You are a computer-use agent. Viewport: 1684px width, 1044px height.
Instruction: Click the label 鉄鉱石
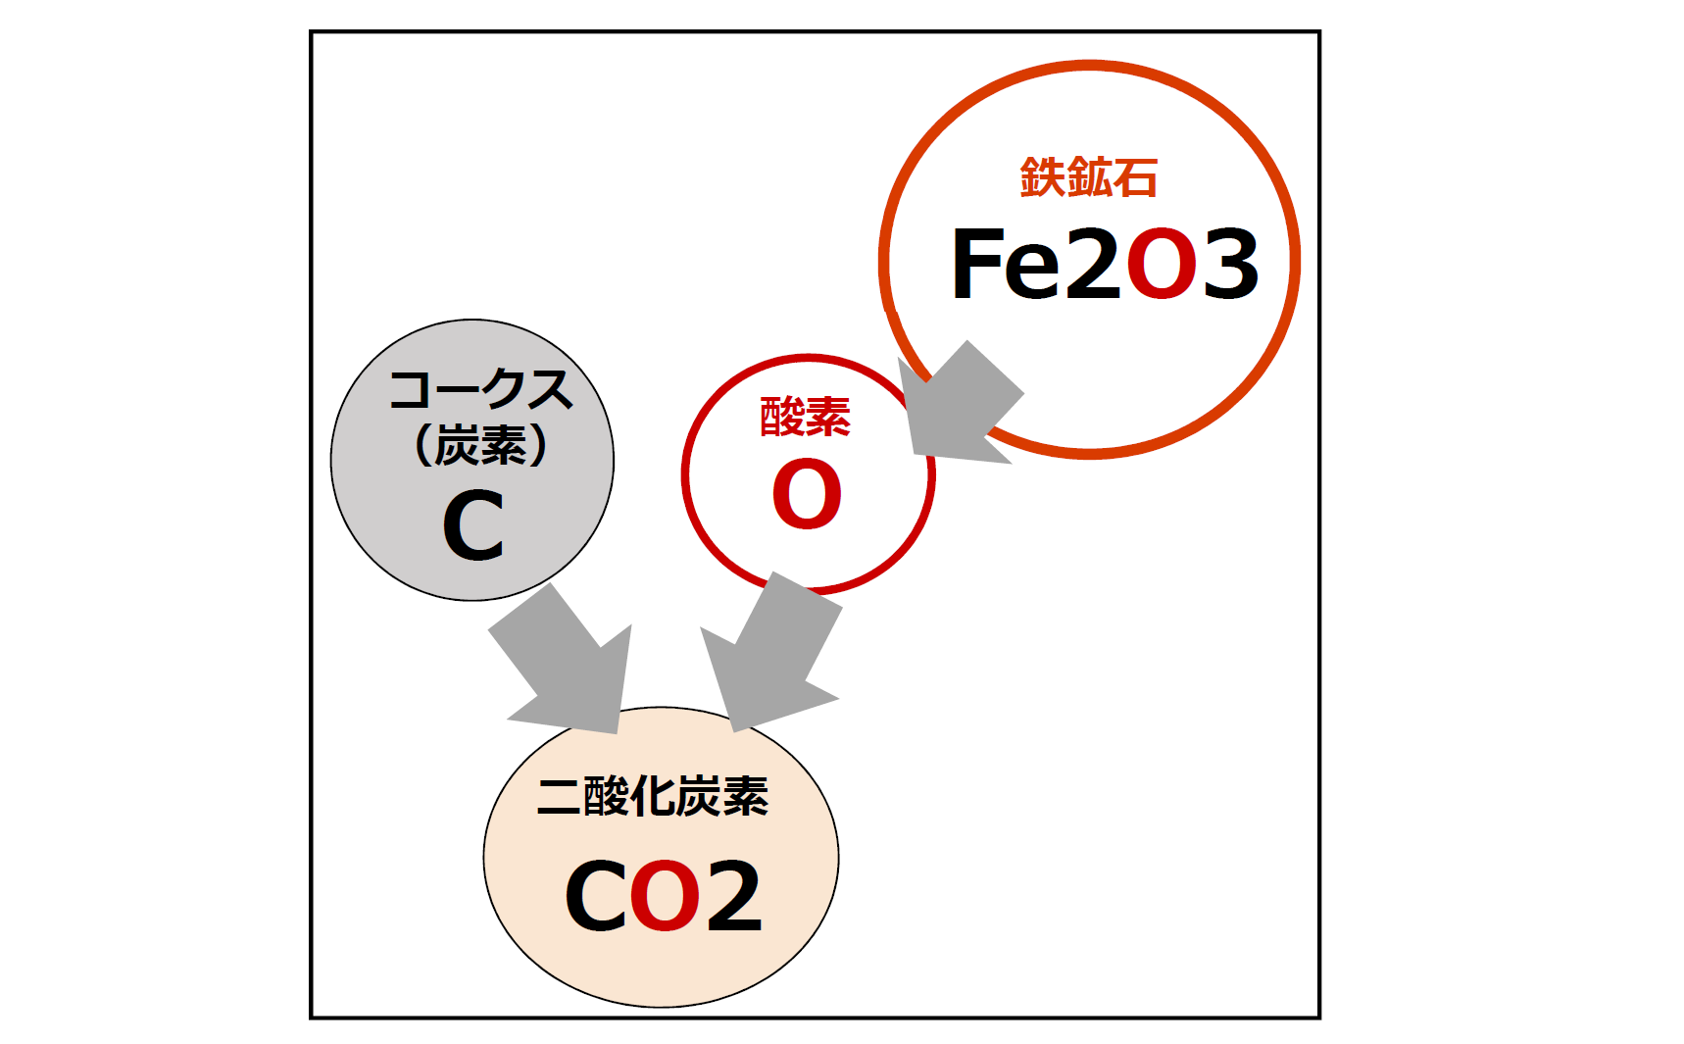click(x=1088, y=178)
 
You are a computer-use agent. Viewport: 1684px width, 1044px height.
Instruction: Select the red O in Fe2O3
click(x=1162, y=264)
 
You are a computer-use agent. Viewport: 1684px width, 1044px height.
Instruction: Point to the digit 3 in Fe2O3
click(x=1230, y=264)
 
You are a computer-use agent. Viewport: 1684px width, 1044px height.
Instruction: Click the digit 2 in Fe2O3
click(x=1093, y=264)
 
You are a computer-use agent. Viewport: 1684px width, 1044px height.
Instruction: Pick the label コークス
click(x=480, y=390)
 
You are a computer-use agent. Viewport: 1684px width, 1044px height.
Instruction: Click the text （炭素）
click(x=480, y=446)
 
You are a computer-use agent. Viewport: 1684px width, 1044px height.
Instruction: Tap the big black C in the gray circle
click(x=473, y=526)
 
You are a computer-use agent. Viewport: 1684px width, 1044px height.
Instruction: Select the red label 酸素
click(x=806, y=417)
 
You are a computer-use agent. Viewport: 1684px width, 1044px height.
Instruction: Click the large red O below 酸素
click(x=807, y=495)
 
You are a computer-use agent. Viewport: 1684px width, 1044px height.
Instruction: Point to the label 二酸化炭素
click(x=653, y=796)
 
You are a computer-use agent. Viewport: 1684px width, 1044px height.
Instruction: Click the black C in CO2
click(x=595, y=896)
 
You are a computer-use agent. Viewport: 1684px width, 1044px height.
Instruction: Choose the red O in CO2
click(x=666, y=896)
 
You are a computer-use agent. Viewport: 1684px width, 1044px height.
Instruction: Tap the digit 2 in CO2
click(x=734, y=896)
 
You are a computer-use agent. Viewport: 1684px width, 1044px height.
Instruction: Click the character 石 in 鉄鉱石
click(x=1136, y=178)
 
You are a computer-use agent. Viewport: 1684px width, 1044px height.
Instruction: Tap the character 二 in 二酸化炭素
click(x=559, y=796)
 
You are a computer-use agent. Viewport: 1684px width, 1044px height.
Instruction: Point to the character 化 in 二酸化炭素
click(x=653, y=796)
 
